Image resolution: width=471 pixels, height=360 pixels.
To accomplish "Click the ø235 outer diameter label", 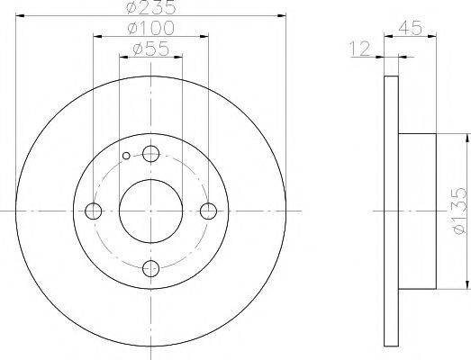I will click(150, 9).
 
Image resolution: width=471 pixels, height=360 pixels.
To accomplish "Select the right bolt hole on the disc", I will click(209, 211).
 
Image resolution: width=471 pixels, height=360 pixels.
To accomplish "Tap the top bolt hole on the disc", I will click(151, 153).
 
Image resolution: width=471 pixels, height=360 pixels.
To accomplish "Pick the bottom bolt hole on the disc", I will click(151, 268).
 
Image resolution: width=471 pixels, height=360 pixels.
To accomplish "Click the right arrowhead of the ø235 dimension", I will click(282, 16).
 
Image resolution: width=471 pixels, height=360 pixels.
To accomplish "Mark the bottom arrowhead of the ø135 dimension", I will click(468, 285).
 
